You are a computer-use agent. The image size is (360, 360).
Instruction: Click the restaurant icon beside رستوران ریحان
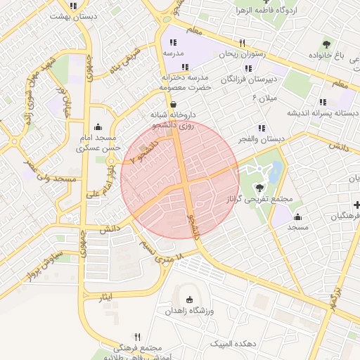click(242, 42)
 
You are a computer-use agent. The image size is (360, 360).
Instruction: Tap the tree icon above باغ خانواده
click(326, 44)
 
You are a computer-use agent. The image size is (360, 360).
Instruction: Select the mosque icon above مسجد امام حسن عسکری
click(96, 127)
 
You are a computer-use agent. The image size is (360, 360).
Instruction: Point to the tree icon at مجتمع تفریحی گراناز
click(260, 188)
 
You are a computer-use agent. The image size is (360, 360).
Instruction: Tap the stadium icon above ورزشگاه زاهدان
click(189, 300)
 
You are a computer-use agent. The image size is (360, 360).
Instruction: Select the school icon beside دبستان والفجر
click(261, 128)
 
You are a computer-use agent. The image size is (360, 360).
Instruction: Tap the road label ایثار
click(105, 298)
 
